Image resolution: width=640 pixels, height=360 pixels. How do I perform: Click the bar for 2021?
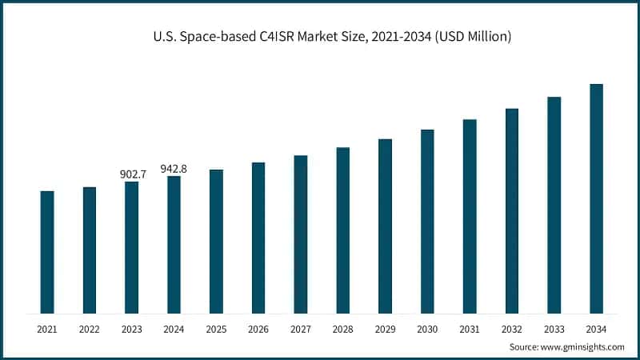point(47,252)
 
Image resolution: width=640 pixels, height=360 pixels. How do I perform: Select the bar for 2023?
point(131,247)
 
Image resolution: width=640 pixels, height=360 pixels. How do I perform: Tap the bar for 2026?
point(258,238)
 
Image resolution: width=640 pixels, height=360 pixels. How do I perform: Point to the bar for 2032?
point(512,210)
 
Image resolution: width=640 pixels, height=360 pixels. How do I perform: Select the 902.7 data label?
point(131,174)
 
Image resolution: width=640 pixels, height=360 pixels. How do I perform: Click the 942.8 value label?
point(174,168)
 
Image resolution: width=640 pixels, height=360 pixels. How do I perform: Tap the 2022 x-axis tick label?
point(90,329)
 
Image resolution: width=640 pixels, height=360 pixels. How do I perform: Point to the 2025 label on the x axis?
point(216,329)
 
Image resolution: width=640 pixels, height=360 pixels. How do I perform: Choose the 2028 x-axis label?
point(342,329)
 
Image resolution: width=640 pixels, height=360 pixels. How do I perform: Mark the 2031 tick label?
point(470,329)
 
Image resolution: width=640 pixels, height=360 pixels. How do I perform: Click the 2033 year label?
point(554,329)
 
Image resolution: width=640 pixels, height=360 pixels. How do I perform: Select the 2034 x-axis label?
point(596,329)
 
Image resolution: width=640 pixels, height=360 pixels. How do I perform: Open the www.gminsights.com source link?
point(582,347)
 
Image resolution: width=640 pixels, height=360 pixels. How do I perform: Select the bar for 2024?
point(174,245)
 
